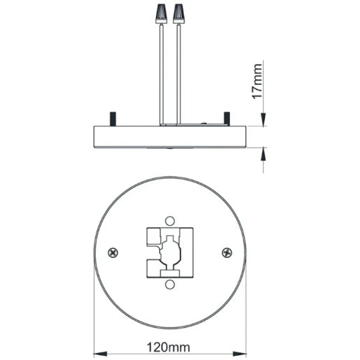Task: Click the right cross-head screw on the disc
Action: point(226,252)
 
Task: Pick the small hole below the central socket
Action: point(171,285)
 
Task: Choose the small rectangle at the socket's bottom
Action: point(171,273)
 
